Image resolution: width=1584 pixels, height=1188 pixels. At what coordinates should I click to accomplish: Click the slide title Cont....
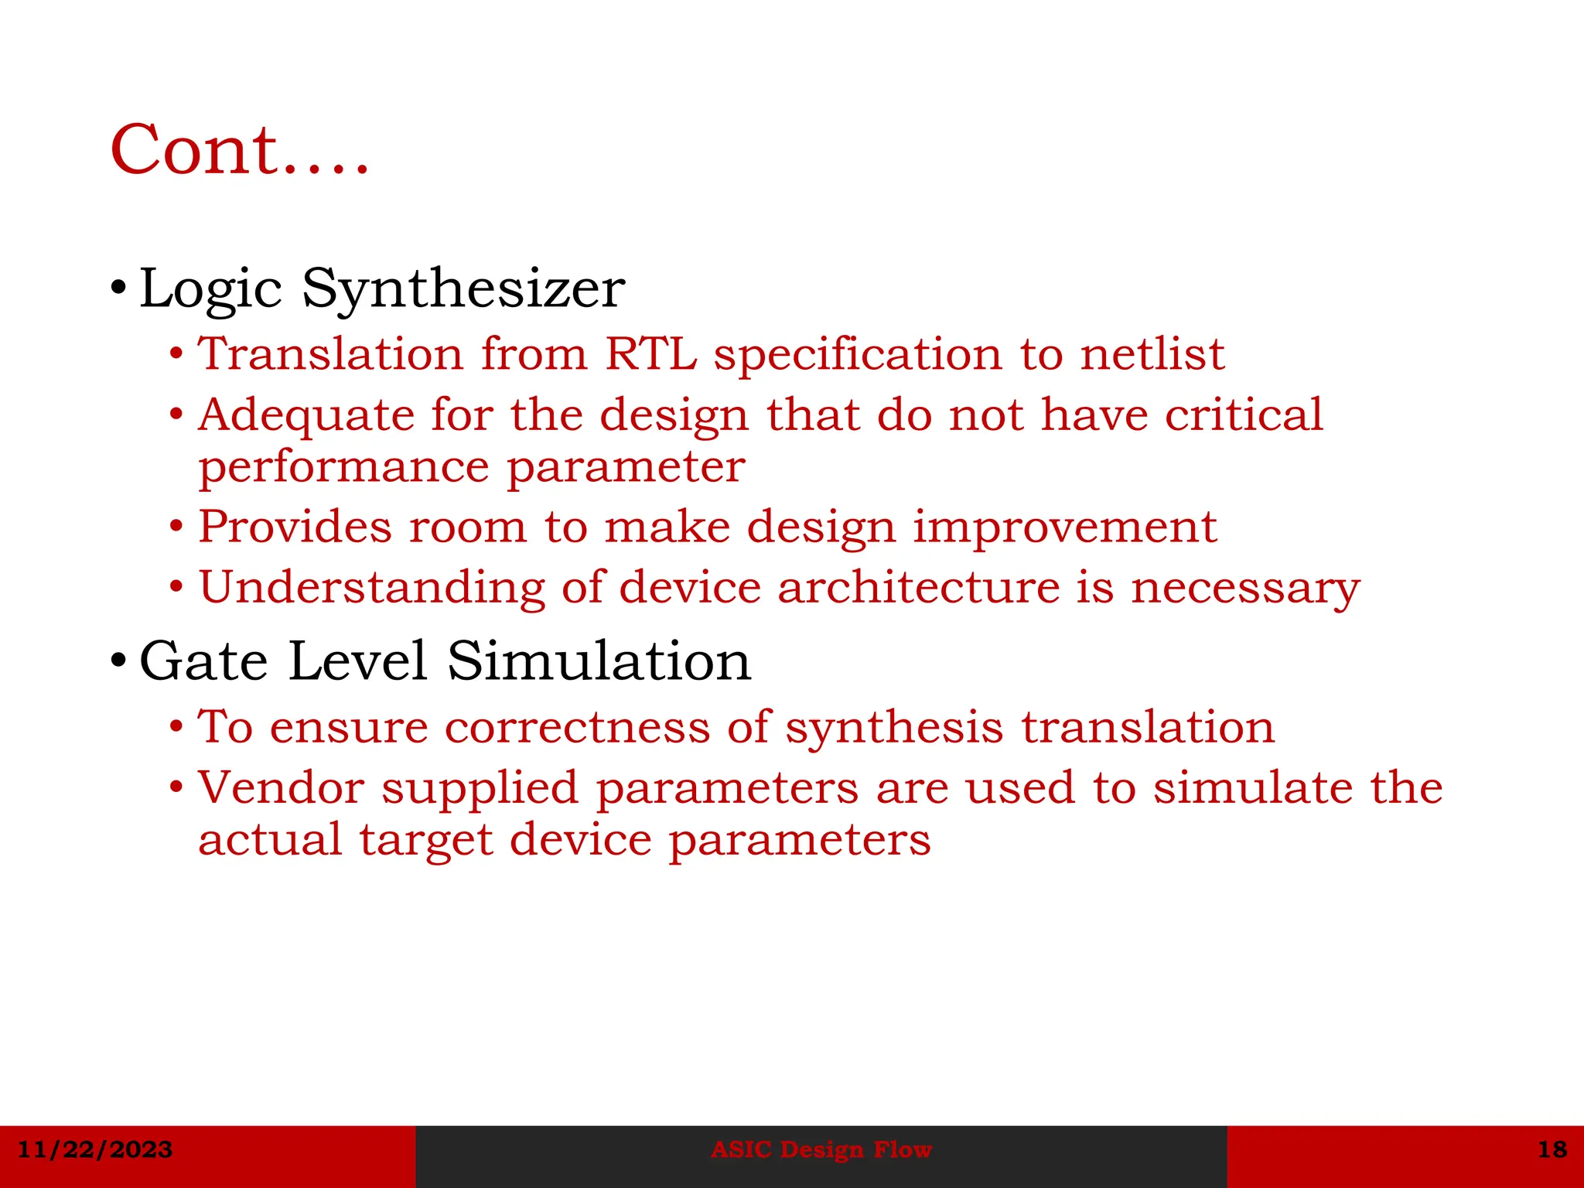pos(240,150)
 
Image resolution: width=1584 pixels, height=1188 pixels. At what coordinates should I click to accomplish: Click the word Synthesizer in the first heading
pos(463,288)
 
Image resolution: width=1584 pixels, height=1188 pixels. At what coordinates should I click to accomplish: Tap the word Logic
pos(210,288)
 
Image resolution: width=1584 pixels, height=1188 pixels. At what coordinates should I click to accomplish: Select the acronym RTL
pos(650,354)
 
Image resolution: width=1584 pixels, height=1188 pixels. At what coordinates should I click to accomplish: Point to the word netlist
pos(1152,354)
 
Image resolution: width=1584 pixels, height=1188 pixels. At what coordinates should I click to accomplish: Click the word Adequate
pos(306,415)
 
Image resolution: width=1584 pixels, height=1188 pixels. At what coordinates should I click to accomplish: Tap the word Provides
pos(295,527)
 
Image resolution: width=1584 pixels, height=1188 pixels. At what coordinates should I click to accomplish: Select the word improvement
pos(1065,527)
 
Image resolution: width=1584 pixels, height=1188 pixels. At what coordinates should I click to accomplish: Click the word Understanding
pos(372,587)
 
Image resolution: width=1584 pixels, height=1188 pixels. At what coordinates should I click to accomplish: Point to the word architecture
pos(918,587)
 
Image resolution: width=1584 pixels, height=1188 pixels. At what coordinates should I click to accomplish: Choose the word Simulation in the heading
pos(599,662)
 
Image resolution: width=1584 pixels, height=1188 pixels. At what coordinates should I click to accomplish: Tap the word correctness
pos(577,728)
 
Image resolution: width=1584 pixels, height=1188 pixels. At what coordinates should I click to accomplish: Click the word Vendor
pos(281,788)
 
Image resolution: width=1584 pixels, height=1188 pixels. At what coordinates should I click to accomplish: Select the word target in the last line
pos(425,840)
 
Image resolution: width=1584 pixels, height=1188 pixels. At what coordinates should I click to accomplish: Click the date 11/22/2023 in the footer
pos(94,1149)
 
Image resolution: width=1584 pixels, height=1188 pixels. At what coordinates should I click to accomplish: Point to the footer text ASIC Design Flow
pos(821,1149)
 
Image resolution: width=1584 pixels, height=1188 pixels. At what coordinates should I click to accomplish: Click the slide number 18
pos(1552,1149)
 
